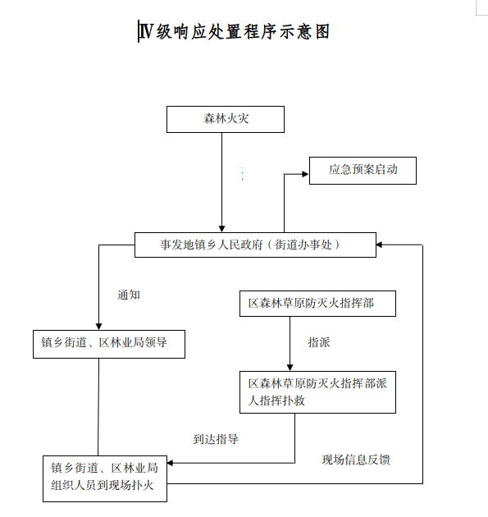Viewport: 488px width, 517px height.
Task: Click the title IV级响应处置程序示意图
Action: tap(235, 32)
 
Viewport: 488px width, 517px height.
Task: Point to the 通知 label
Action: tap(129, 295)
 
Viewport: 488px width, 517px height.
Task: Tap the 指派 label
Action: tap(319, 342)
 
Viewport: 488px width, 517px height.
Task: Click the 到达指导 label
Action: tap(216, 439)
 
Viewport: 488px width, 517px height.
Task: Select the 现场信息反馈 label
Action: tap(356, 460)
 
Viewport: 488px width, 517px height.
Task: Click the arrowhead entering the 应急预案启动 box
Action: tap(305, 174)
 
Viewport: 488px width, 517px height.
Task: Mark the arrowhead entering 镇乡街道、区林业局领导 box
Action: tap(99, 327)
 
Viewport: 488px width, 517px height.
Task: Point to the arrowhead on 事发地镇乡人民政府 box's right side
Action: tap(380, 245)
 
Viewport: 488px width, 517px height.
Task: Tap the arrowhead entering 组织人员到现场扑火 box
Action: tap(171, 463)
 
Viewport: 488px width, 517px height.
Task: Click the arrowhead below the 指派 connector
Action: tap(290, 368)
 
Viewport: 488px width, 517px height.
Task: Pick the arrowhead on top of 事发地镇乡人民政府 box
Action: tap(221, 229)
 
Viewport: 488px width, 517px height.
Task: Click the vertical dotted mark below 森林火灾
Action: tap(243, 172)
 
